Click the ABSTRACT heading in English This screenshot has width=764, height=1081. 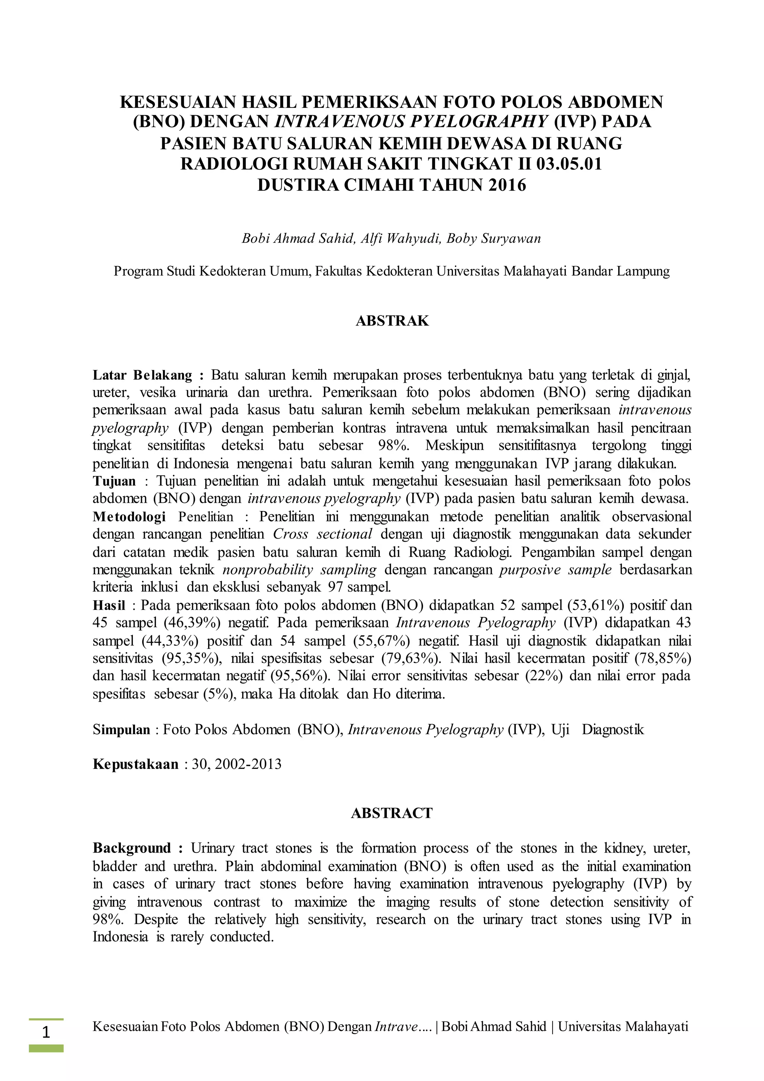(x=391, y=813)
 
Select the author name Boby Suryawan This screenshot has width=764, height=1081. (x=494, y=239)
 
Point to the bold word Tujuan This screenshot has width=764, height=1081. (x=114, y=481)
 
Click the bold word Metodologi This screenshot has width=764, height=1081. (x=129, y=517)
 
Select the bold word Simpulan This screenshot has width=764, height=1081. (x=121, y=730)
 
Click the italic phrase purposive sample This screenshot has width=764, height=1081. (x=555, y=570)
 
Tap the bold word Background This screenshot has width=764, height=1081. (x=132, y=848)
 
